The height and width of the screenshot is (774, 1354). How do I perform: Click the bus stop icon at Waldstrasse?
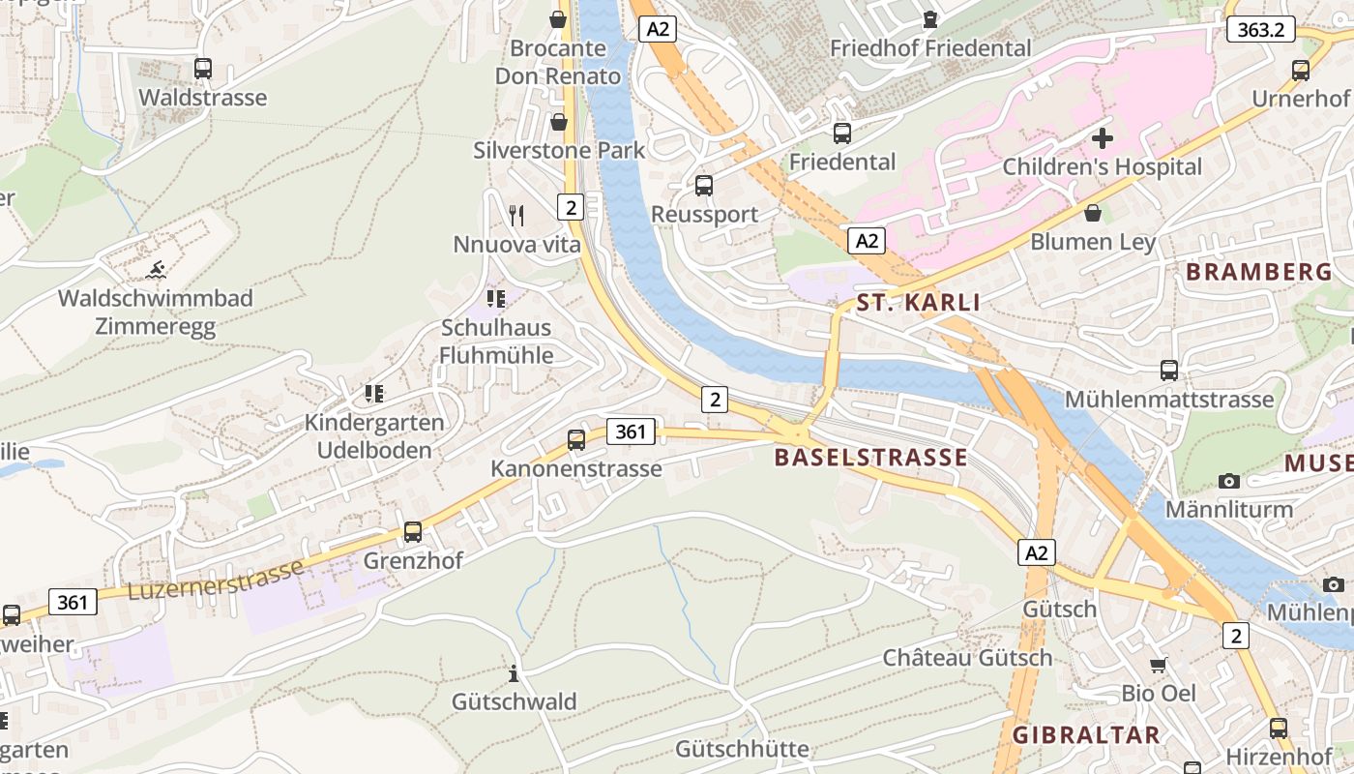[x=202, y=69]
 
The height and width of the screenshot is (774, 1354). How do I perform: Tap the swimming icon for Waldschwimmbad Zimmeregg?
[x=155, y=269]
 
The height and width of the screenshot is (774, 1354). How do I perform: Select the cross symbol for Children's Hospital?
[x=1102, y=138]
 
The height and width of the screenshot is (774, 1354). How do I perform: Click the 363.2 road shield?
[x=1260, y=29]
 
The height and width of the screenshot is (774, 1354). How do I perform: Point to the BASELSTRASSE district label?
[x=870, y=458]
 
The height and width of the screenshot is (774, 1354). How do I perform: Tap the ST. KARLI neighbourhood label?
[x=918, y=303]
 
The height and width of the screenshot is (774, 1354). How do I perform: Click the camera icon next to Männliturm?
[x=1229, y=481]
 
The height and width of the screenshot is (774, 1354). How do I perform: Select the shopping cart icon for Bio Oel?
[x=1159, y=665]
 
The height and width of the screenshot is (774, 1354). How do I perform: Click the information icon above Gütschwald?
[x=514, y=673]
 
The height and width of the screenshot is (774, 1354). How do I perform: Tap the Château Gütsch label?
[x=967, y=658]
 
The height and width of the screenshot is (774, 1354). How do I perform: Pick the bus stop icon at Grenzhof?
[x=413, y=532]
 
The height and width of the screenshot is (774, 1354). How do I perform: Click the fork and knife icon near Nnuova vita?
[x=516, y=215]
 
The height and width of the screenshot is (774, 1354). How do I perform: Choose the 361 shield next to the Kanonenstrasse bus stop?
[x=630, y=432]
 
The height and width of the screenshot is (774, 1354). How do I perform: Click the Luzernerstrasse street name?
[x=216, y=579]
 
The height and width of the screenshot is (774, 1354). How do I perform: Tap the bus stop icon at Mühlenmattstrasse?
[x=1169, y=371]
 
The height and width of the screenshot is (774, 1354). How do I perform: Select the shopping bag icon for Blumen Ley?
[x=1093, y=213]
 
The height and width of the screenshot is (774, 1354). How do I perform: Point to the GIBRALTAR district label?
[x=1086, y=734]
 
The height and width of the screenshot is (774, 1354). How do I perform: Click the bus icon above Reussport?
[x=704, y=186]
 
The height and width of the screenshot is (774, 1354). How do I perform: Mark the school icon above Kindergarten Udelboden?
[x=374, y=394]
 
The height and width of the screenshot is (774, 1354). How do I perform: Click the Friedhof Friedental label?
[x=930, y=47]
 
